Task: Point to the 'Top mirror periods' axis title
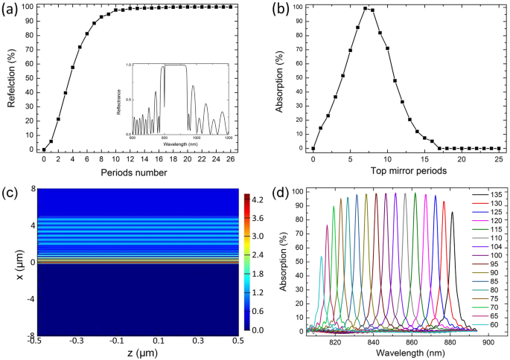pyautogui.click(x=406, y=173)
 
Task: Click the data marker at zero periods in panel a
pyautogui.click(x=43, y=150)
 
